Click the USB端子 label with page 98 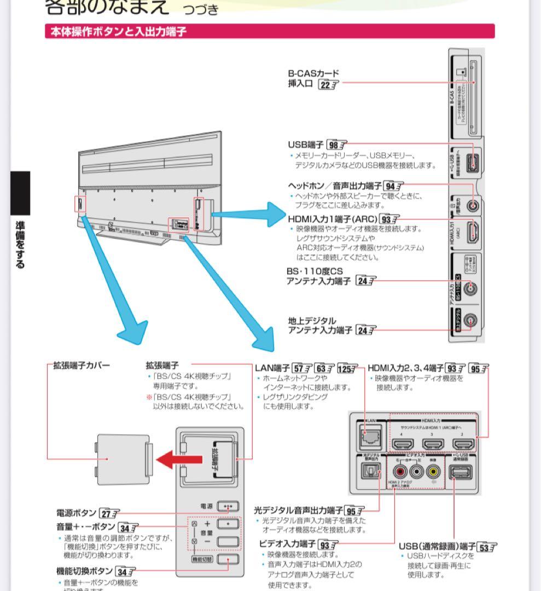coord(318,145)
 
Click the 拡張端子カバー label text coord(82,366)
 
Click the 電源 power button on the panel coord(228,507)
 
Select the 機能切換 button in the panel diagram coord(228,559)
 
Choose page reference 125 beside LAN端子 coord(347,368)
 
